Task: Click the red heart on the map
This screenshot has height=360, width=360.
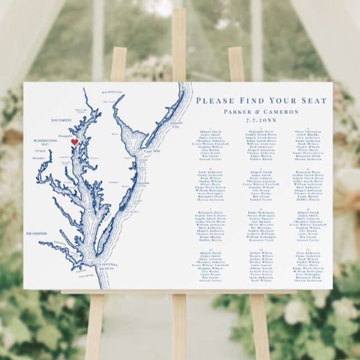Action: point(74,143)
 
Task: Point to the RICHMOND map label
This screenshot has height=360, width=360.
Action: point(36,234)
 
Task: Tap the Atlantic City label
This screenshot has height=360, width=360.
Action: point(177,124)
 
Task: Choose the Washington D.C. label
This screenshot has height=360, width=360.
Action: point(42,142)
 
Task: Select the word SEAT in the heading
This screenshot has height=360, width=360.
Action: point(314,101)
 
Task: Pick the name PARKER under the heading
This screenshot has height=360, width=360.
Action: point(238,111)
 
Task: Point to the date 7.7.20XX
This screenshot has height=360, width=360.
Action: point(262,120)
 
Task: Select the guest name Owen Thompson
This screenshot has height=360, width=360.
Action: point(307,131)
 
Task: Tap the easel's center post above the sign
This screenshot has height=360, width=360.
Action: point(179,45)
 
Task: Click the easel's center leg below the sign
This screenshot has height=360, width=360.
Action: point(179,324)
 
